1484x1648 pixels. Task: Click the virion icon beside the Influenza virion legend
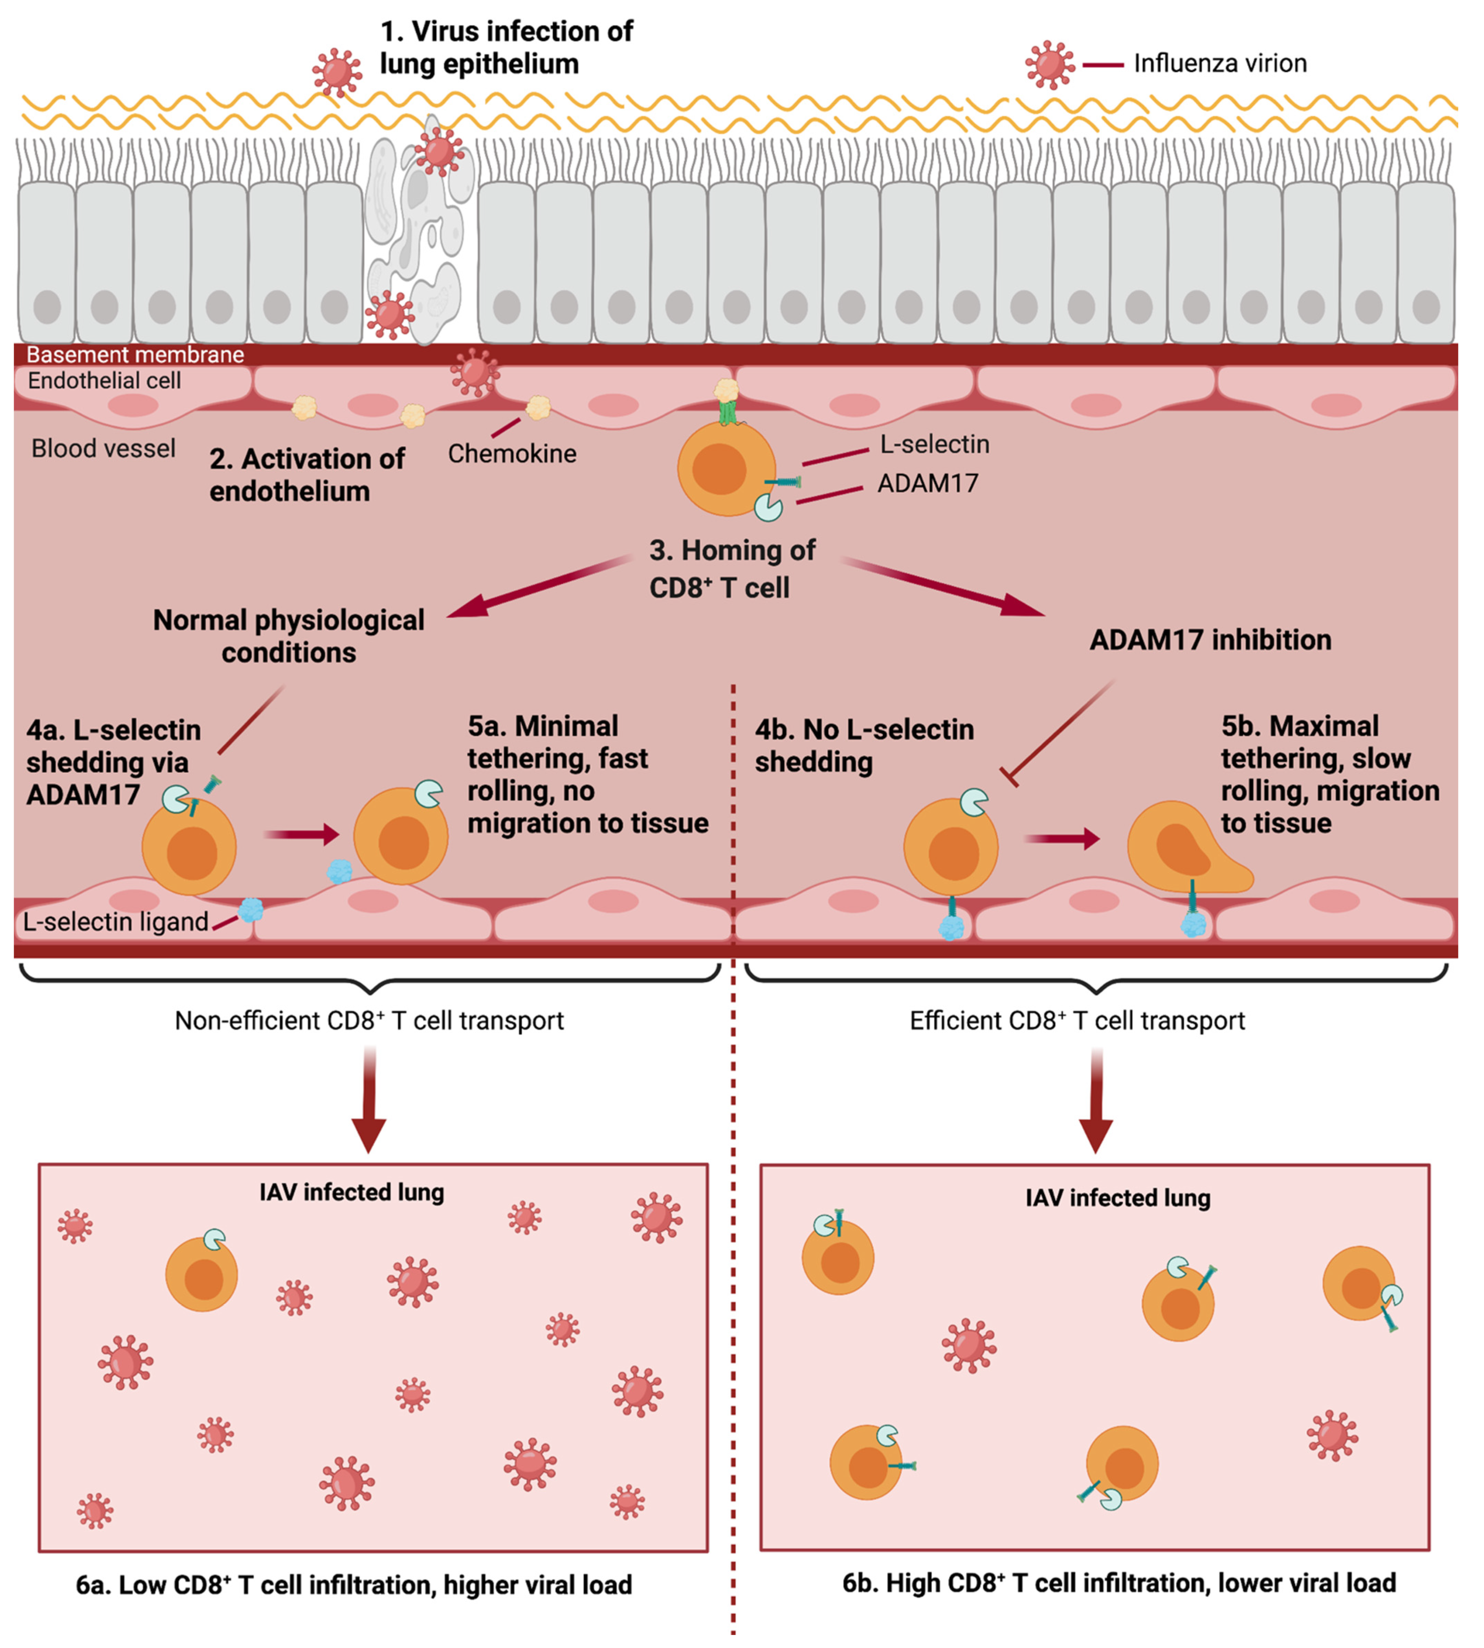[x=1050, y=65]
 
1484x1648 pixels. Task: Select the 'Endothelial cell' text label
[x=104, y=381]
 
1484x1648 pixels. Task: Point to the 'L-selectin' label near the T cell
[x=934, y=444]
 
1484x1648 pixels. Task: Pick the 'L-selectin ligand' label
[x=116, y=922]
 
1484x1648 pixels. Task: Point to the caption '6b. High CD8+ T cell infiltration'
[x=1119, y=1583]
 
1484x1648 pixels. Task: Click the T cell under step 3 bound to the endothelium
[x=726, y=469]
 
